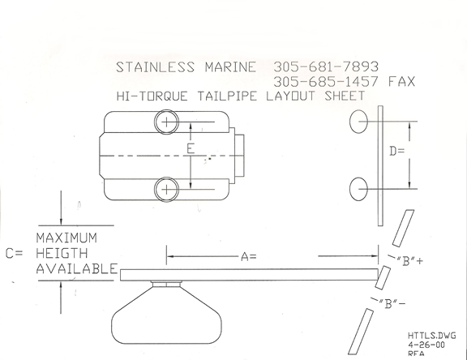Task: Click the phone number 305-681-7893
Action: tap(326, 66)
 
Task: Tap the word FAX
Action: tap(402, 81)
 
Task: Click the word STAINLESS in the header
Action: tap(155, 67)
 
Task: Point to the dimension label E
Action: tap(191, 148)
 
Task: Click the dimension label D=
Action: tap(397, 152)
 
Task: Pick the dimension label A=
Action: tap(248, 256)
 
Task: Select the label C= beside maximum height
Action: tap(14, 254)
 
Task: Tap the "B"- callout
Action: tap(392, 304)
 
